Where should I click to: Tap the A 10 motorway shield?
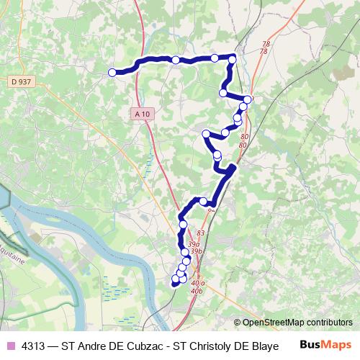pyautogui.click(x=143, y=114)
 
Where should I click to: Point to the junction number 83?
pyautogui.click(x=200, y=233)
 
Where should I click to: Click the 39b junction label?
pyautogui.click(x=196, y=251)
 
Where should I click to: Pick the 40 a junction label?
pyautogui.click(x=195, y=284)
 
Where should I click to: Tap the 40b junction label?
pyautogui.click(x=196, y=291)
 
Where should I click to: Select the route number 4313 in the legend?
pyautogui.click(x=34, y=346)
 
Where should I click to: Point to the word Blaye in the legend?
pyautogui.click(x=264, y=346)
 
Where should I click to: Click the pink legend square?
pyautogui.click(x=9, y=346)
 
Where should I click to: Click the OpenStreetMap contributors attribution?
pyautogui.click(x=297, y=323)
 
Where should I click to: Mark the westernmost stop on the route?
pyautogui.click(x=112, y=72)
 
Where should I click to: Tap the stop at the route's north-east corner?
pyautogui.click(x=232, y=58)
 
